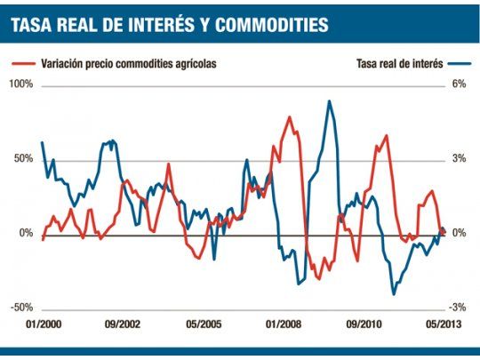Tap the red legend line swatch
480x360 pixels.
point(24,64)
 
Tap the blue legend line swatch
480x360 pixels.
point(460,64)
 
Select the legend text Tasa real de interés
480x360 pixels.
point(395,64)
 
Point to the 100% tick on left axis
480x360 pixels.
point(20,84)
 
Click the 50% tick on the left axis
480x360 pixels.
point(23,158)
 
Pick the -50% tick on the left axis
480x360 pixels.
point(21,307)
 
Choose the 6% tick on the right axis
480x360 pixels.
point(459,84)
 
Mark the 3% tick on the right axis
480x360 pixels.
point(459,158)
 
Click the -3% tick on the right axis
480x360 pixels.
point(458,307)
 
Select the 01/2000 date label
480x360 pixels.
point(44,325)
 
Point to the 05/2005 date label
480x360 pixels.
point(204,325)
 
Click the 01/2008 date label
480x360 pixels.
point(284,325)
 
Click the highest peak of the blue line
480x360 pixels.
point(330,101)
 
